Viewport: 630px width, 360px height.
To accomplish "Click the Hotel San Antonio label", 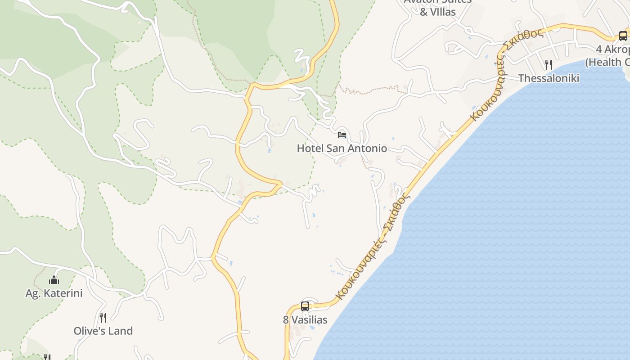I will [342, 148].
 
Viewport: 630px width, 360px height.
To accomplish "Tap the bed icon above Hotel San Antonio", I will [342, 135].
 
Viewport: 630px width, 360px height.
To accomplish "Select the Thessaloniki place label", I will [549, 78].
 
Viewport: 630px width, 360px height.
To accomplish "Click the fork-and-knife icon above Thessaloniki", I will [548, 65].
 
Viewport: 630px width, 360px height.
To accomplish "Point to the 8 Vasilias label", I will [305, 320].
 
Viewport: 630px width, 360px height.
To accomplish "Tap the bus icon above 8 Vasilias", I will [305, 306].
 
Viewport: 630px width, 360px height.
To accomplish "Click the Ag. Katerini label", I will [54, 293].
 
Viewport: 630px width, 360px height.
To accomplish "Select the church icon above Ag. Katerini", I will [54, 280].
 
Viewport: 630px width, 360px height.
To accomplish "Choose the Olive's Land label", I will [103, 331].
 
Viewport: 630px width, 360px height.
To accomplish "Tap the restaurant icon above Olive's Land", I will [103, 318].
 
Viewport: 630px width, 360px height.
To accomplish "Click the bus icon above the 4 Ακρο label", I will [623, 36].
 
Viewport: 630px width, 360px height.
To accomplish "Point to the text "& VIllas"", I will [438, 12].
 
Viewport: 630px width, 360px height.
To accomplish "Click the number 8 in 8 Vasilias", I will [286, 320].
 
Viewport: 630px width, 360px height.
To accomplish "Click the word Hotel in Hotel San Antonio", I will [310, 148].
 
